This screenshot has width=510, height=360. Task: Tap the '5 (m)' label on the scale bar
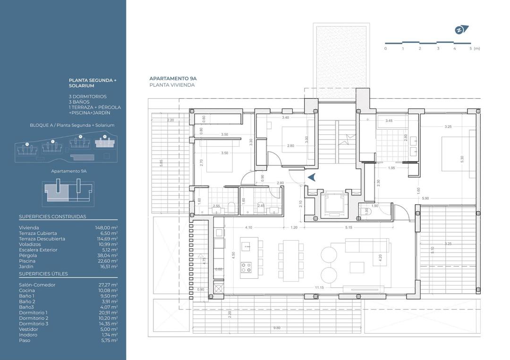(475, 49)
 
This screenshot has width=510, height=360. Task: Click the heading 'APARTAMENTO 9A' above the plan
(173, 79)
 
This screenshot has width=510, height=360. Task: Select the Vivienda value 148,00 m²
(106, 227)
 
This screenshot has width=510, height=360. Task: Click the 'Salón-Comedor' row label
(37, 285)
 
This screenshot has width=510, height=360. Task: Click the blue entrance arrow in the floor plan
(311, 177)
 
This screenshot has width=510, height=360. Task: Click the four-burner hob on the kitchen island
(246, 268)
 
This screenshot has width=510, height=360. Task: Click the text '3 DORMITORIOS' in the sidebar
(88, 97)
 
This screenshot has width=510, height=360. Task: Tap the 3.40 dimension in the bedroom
(285, 117)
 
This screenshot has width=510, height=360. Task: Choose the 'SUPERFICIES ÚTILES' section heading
(43, 274)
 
